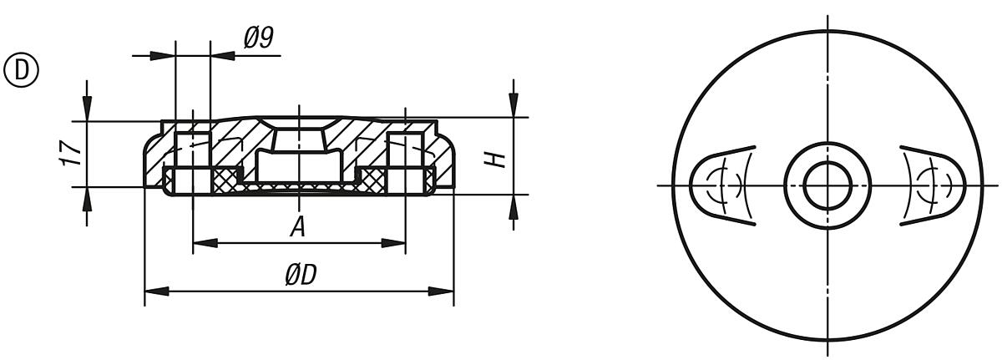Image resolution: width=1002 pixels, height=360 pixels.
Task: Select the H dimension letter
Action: pos(498,155)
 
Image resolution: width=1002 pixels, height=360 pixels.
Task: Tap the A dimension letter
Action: pos(296,226)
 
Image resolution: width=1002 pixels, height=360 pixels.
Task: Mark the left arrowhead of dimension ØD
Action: pos(154,292)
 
